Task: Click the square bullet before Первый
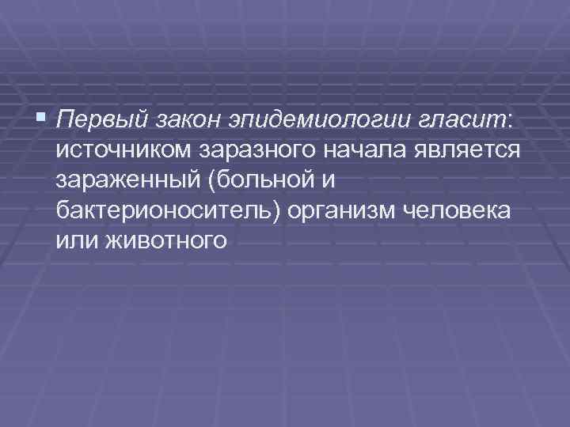pyautogui.click(x=43, y=120)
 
